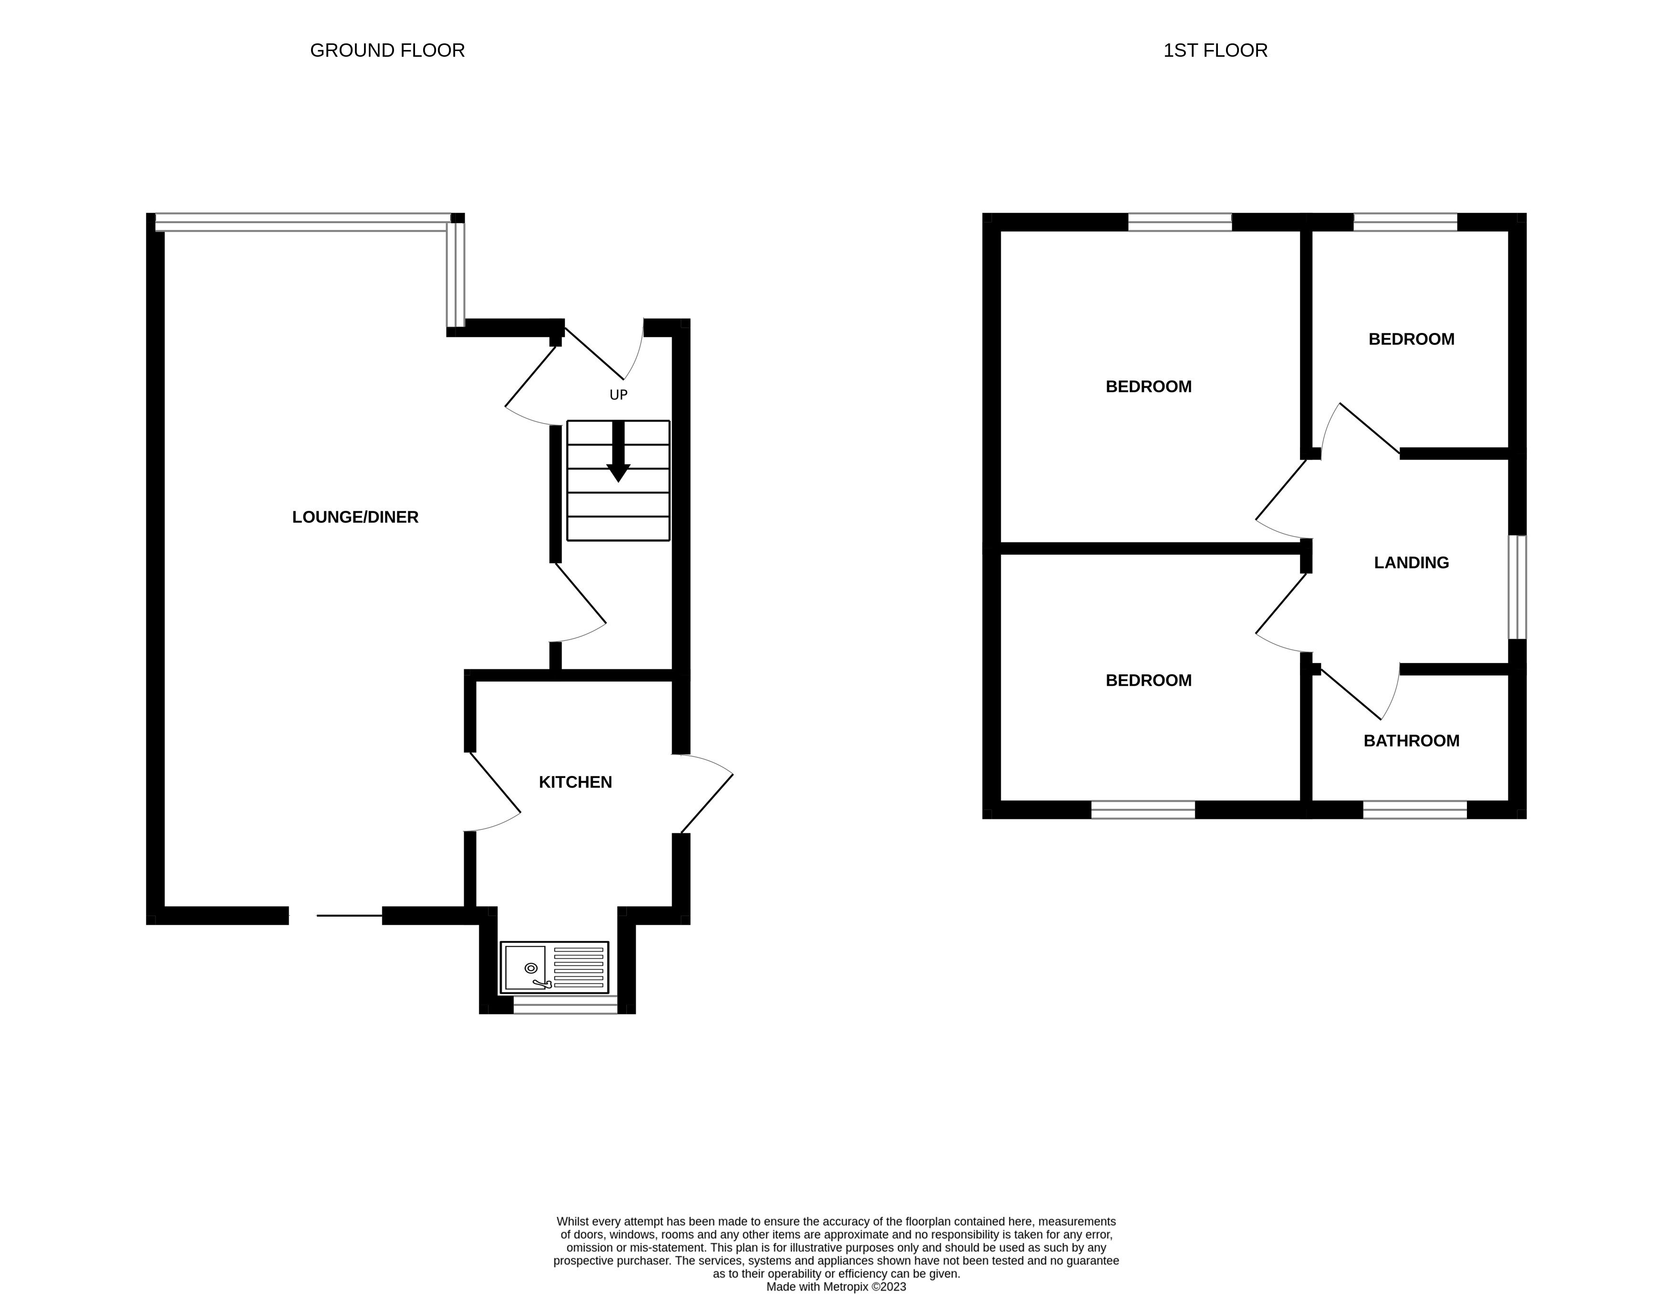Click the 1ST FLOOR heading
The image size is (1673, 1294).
pyautogui.click(x=1215, y=51)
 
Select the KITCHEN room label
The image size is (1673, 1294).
pyautogui.click(x=575, y=782)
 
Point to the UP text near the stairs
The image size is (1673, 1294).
pyautogui.click(x=618, y=395)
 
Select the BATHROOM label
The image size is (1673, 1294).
pyautogui.click(x=1411, y=740)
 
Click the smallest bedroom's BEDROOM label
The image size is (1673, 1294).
pyautogui.click(x=1411, y=339)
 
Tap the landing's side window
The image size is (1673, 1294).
pyautogui.click(x=1517, y=587)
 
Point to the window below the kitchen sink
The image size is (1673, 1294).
pyautogui.click(x=564, y=1004)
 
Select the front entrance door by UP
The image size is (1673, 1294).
pyautogui.click(x=605, y=356)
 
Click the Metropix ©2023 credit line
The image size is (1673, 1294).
pyautogui.click(x=836, y=1286)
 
